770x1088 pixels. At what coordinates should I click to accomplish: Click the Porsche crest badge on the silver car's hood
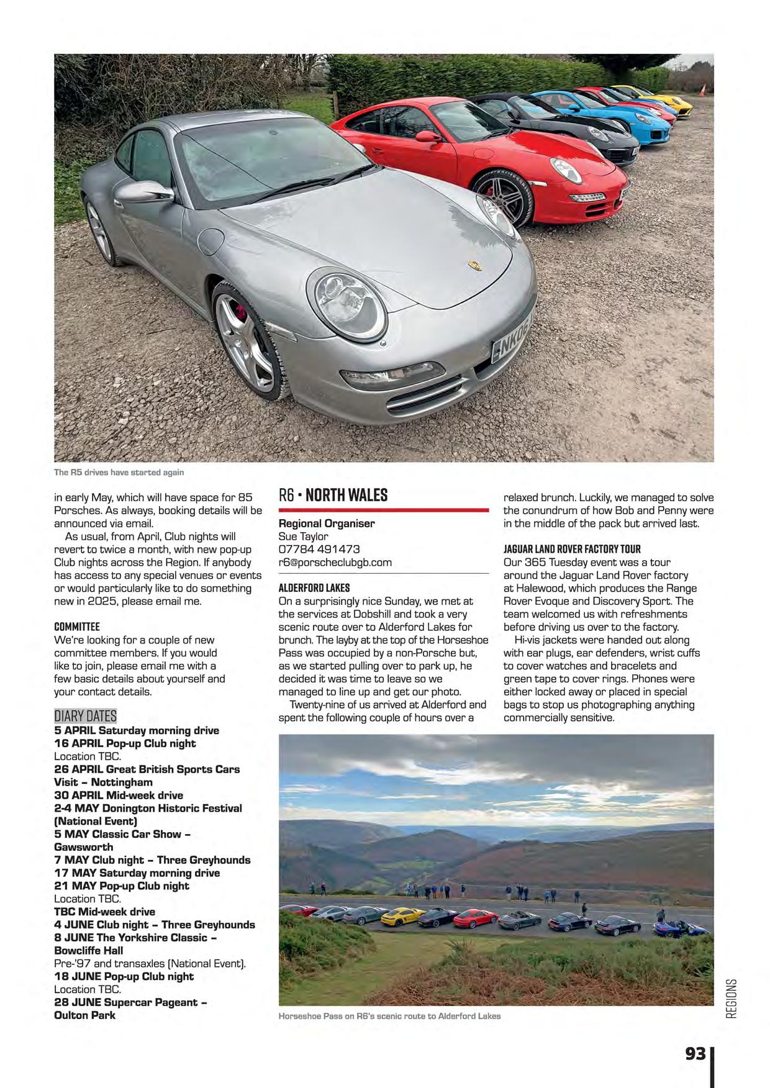(x=476, y=265)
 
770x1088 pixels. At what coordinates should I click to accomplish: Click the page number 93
(x=695, y=1053)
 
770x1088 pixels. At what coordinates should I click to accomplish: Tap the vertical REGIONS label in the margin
(x=731, y=998)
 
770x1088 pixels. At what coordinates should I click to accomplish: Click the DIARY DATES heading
(x=85, y=716)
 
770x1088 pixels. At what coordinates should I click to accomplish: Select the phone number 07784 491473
(x=319, y=549)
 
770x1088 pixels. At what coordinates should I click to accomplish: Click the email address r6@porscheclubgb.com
(x=335, y=562)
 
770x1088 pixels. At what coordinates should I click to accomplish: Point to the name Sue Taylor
(x=303, y=536)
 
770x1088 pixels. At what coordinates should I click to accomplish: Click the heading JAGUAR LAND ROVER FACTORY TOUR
(x=572, y=549)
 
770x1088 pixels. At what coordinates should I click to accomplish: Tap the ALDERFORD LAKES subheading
(x=314, y=587)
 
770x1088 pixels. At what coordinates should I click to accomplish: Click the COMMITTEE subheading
(x=77, y=627)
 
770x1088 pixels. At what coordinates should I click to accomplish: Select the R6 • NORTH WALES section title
(x=333, y=495)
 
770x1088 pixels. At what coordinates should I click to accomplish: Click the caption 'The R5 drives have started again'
(x=119, y=472)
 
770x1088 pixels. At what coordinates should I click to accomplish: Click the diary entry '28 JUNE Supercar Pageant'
(x=130, y=1002)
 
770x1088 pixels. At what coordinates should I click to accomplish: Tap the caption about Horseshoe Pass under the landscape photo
(x=389, y=1016)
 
